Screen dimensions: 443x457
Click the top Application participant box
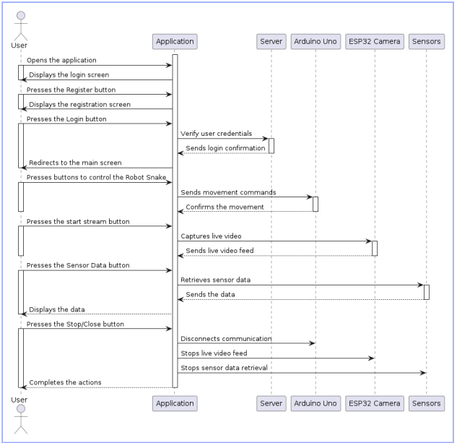pos(175,41)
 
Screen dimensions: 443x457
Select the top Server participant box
pos(271,41)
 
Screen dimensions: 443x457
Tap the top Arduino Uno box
pos(315,41)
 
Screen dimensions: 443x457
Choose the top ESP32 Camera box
pos(374,41)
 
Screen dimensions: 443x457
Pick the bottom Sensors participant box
pos(426,403)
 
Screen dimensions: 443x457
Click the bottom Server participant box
pos(271,403)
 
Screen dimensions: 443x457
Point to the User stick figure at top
pos(20,25)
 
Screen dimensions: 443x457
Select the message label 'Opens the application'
pos(62,60)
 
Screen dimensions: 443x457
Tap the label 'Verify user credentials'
pos(215,134)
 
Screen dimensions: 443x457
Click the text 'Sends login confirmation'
pos(225,148)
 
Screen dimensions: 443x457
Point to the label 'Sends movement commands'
pos(228,192)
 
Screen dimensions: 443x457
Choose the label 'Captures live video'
pos(211,236)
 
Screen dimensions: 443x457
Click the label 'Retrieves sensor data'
pos(216,280)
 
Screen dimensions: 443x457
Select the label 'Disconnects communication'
pos(226,338)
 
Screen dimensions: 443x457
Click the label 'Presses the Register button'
pos(71,90)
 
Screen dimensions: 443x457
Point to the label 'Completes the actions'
pos(65,382)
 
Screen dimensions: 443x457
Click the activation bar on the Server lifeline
pos(271,145)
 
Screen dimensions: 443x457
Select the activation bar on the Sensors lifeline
pos(427,292)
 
